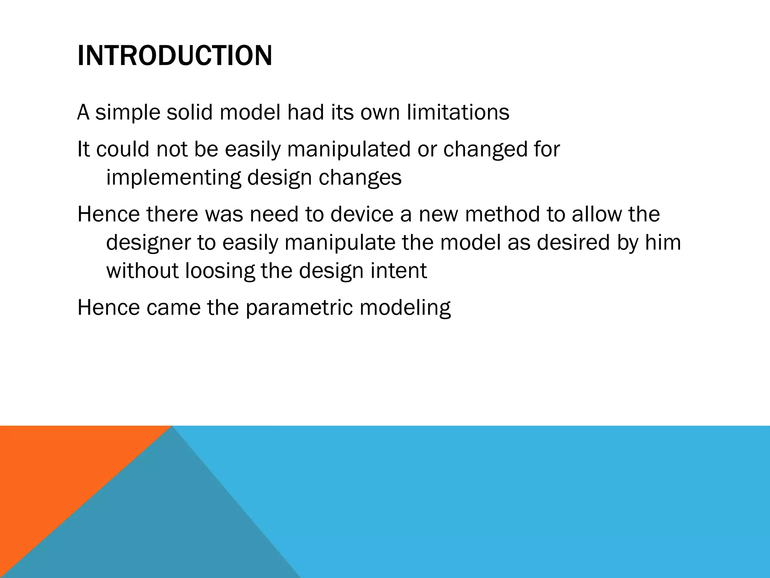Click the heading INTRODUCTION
174,56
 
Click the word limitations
458,112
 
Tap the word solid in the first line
189,112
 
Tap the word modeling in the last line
405,307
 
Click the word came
173,307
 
